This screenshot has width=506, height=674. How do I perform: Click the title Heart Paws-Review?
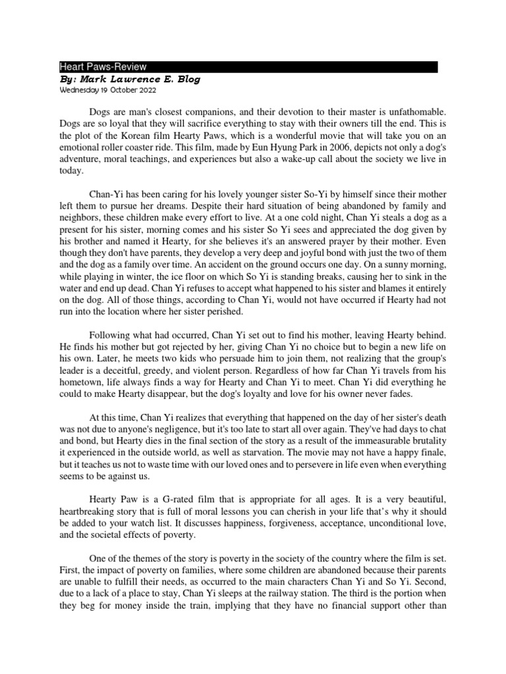[103, 66]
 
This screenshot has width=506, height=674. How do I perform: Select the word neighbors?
[82, 220]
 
